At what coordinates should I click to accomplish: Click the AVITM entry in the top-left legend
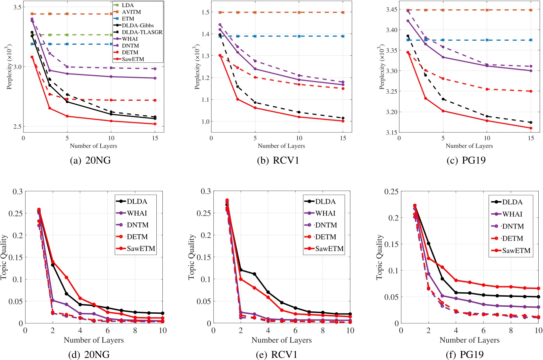pyautogui.click(x=131, y=12)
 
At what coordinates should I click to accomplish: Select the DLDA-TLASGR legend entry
pyautogui.click(x=142, y=32)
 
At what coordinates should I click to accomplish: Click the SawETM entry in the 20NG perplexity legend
pyautogui.click(x=133, y=59)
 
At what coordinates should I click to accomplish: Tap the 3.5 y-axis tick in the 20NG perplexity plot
pyautogui.click(x=17, y=7)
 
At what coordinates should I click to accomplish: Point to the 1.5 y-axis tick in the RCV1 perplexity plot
pyautogui.click(x=205, y=12)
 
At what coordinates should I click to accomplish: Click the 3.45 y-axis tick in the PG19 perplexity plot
pyautogui.click(x=391, y=10)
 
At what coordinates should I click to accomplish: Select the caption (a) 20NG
pyautogui.click(x=90, y=160)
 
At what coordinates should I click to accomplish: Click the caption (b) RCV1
pyautogui.click(x=278, y=160)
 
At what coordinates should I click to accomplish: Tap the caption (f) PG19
pyautogui.click(x=466, y=354)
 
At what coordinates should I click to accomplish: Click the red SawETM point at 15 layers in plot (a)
pyautogui.click(x=155, y=124)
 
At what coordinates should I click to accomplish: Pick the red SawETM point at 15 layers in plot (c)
pyautogui.click(x=531, y=128)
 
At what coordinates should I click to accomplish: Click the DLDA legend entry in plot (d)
pyautogui.click(x=137, y=201)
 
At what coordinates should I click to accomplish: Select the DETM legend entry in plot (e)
pyautogui.click(x=325, y=237)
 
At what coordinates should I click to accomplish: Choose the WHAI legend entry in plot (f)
pyautogui.click(x=512, y=214)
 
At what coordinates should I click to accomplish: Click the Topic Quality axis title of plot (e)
pyautogui.click(x=192, y=257)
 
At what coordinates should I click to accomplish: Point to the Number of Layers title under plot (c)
pyautogui.click(x=469, y=146)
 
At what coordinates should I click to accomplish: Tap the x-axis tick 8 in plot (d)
pyautogui.click(x=135, y=330)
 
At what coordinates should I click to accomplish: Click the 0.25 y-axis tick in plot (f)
pyautogui.click(x=391, y=192)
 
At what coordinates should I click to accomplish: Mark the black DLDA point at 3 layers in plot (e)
pyautogui.click(x=254, y=274)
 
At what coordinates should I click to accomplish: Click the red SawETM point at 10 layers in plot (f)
pyautogui.click(x=538, y=289)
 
